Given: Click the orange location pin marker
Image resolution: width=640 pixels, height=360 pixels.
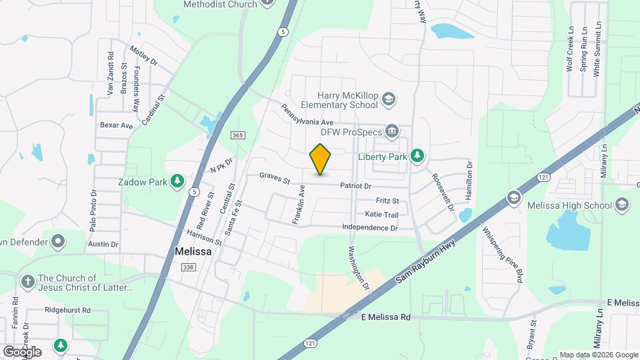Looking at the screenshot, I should [320, 159].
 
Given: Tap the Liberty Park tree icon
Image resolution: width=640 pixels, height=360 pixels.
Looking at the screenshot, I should [418, 155].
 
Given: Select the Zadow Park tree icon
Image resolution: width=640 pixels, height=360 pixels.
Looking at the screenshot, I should [177, 181].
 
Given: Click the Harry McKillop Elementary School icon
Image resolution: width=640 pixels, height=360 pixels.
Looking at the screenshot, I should [389, 101].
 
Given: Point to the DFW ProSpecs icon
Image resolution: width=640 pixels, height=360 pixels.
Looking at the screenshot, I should [391, 131].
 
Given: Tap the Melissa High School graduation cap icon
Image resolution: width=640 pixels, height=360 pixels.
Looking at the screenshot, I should [513, 198].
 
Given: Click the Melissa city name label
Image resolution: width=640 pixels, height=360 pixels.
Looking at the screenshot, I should [193, 252].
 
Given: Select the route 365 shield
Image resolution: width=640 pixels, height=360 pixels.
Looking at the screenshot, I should [238, 135].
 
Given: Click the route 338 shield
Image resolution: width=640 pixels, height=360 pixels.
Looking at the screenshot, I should [188, 267].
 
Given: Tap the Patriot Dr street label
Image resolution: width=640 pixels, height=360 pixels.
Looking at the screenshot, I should [355, 186].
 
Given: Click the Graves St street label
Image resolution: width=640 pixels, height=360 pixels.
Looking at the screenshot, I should [275, 178].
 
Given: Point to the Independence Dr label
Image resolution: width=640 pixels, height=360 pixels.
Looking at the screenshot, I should [369, 228].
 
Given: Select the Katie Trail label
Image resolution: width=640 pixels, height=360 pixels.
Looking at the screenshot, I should [381, 215].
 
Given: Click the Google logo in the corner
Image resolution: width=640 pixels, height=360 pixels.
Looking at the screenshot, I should [22, 351].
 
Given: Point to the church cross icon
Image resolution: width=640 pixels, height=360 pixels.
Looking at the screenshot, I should [27, 282].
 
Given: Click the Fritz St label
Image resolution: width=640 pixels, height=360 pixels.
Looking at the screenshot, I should [387, 201].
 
